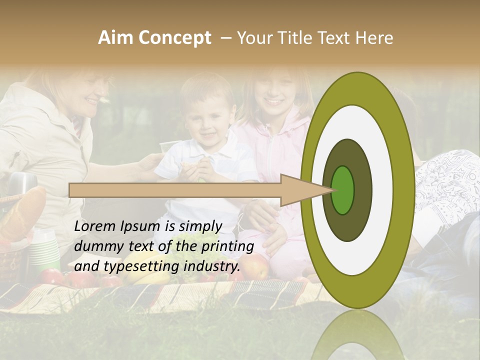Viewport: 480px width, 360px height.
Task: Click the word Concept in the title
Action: (x=174, y=38)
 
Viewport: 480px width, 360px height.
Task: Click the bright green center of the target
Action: (x=343, y=190)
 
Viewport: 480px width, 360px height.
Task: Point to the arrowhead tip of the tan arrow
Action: (x=333, y=190)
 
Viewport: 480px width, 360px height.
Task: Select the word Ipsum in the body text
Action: (x=142, y=226)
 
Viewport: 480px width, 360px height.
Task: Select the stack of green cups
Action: (x=45, y=249)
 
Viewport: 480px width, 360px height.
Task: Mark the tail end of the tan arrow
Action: (x=70, y=190)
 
